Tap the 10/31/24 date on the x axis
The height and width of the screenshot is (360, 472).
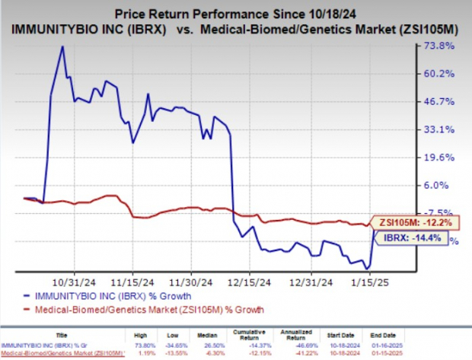78,279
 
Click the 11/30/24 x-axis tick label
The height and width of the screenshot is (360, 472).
196,279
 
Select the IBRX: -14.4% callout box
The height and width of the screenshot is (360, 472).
413,237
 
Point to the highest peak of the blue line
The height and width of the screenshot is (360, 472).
62,47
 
